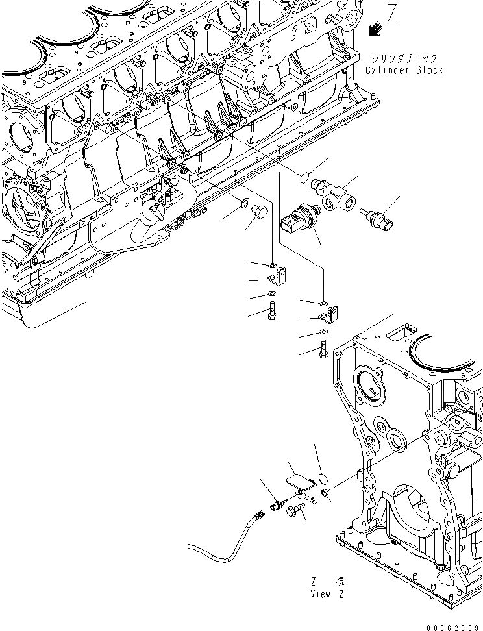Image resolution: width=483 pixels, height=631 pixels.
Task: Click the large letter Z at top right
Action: click(x=391, y=13)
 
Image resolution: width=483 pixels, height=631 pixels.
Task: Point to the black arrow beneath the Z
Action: click(x=375, y=30)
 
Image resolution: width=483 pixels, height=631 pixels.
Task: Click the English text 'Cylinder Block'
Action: click(x=404, y=70)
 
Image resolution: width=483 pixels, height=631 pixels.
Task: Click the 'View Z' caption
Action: click(x=328, y=593)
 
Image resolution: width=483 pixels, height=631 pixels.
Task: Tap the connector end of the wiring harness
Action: click(x=258, y=516)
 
